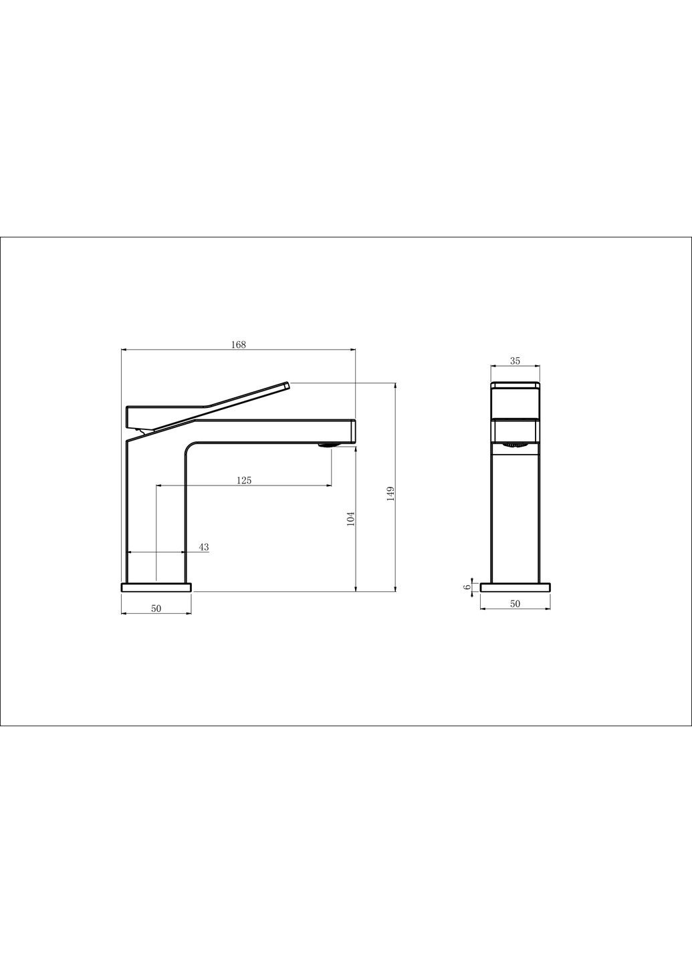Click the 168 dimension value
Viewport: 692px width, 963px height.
click(x=239, y=344)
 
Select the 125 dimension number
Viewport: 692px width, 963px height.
click(x=243, y=480)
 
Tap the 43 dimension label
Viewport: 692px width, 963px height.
click(x=204, y=547)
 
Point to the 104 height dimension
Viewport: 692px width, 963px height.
click(x=351, y=518)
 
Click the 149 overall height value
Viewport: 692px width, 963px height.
click(x=390, y=494)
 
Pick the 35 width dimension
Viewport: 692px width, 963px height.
click(x=515, y=360)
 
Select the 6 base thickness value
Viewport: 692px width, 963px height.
click(x=467, y=587)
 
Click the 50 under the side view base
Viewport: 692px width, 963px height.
click(x=515, y=604)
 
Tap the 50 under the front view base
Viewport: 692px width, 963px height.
click(x=156, y=609)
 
